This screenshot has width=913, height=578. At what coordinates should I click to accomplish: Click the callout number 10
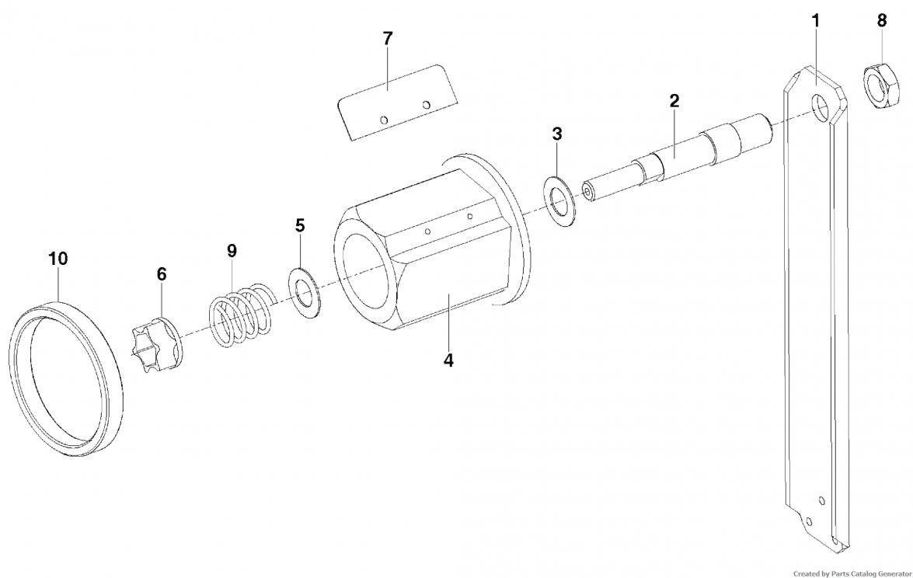(x=58, y=259)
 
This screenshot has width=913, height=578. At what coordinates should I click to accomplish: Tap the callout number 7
(x=388, y=39)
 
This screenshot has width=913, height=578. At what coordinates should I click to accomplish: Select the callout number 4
(x=448, y=360)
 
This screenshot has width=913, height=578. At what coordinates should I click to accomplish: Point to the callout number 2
(x=674, y=101)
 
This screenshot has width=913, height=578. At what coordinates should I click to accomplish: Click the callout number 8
(x=882, y=20)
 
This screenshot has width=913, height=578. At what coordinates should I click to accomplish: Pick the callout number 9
(x=232, y=251)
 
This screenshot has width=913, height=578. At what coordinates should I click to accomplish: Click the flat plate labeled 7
(x=398, y=102)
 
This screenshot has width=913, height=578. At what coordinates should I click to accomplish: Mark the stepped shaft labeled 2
(x=678, y=157)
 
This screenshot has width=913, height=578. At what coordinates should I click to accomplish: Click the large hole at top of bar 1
(x=821, y=109)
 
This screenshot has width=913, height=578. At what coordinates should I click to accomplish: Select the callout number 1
(x=816, y=21)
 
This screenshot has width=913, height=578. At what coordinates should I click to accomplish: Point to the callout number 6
(x=162, y=274)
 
